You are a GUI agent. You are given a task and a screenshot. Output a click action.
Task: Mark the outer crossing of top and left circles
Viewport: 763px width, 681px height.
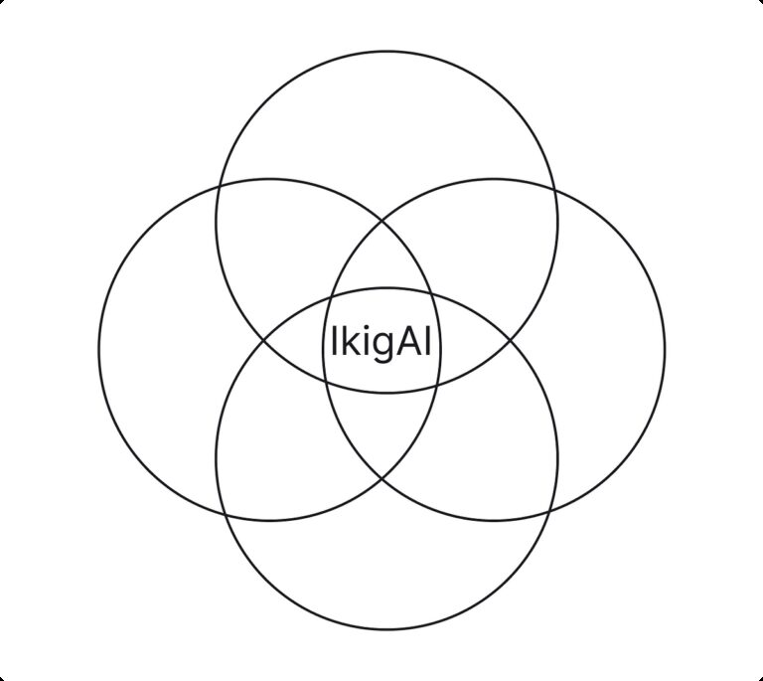point(218,186)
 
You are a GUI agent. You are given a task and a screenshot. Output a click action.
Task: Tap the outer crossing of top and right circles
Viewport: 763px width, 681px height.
point(555,187)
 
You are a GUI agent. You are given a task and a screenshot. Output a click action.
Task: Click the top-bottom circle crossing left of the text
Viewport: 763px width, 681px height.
point(263,341)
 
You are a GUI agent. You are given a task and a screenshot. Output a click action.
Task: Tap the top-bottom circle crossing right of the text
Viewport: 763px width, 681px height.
point(512,341)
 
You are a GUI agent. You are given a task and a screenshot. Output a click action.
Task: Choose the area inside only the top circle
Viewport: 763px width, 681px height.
point(386,119)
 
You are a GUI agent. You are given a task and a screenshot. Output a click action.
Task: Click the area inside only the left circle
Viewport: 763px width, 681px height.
point(159,348)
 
